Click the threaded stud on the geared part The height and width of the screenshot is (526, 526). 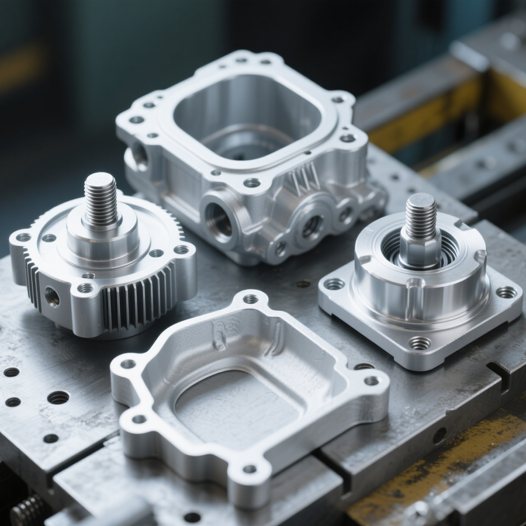(101, 199)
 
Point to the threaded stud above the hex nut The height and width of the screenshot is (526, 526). (421, 214)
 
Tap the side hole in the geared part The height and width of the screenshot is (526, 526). (52, 297)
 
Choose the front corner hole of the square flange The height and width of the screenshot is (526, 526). (420, 343)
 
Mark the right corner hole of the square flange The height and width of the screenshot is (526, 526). (506, 292)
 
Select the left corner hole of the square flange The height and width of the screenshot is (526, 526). (334, 284)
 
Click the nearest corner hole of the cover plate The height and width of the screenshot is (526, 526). (250, 469)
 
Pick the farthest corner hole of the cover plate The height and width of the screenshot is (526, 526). (251, 299)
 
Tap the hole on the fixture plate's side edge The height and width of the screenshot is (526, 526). (439, 435)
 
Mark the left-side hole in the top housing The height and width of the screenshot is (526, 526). (139, 155)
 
